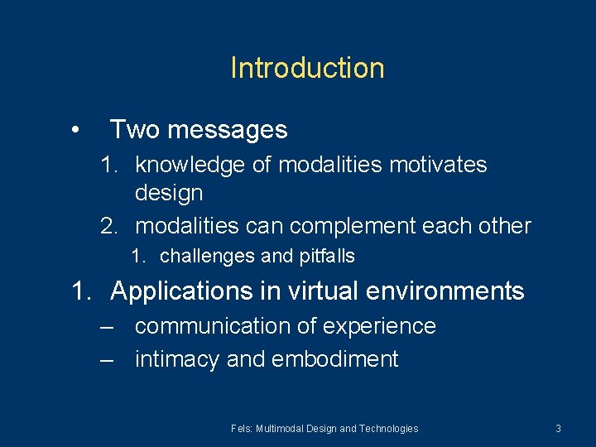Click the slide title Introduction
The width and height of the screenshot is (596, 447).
point(307,68)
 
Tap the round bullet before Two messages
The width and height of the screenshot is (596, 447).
point(75,130)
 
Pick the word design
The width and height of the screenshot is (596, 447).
point(169,193)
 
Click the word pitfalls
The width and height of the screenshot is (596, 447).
point(326,257)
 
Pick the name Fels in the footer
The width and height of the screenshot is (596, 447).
point(242,429)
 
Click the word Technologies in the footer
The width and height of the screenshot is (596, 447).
point(389,429)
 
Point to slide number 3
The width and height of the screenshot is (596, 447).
point(558,429)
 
